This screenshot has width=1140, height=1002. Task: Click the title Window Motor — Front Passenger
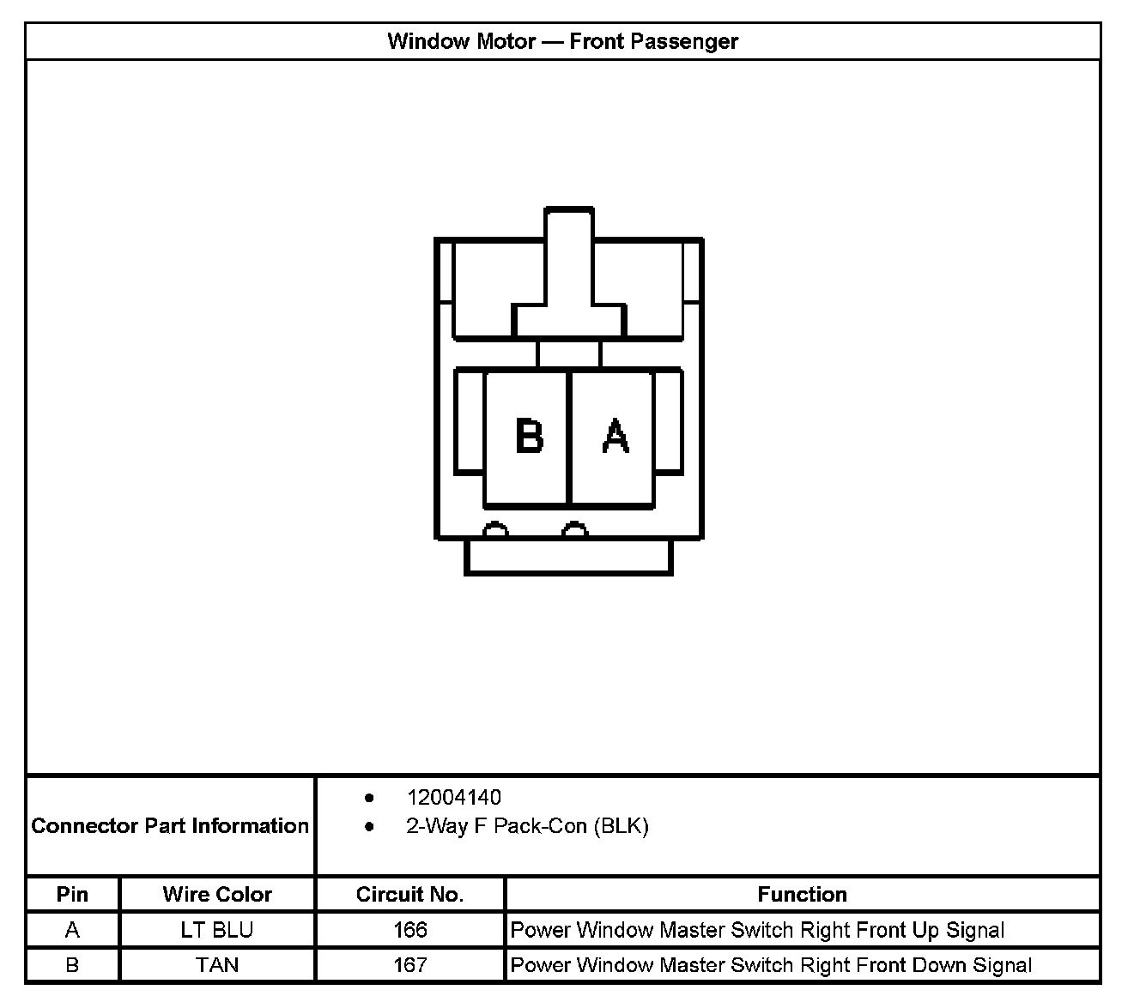[x=562, y=41]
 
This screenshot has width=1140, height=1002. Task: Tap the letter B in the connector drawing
[x=529, y=435]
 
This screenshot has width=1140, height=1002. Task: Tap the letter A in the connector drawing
[x=615, y=435]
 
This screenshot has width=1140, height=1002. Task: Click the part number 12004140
[x=453, y=797]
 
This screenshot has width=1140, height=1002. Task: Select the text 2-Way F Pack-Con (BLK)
[x=527, y=826]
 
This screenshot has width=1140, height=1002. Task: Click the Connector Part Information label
[x=170, y=825]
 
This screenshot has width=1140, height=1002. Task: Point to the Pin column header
[x=72, y=894]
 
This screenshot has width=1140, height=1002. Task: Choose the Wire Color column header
[x=217, y=894]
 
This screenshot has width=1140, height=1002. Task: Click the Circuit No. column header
[x=409, y=894]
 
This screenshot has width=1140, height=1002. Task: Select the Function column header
[x=802, y=894]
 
